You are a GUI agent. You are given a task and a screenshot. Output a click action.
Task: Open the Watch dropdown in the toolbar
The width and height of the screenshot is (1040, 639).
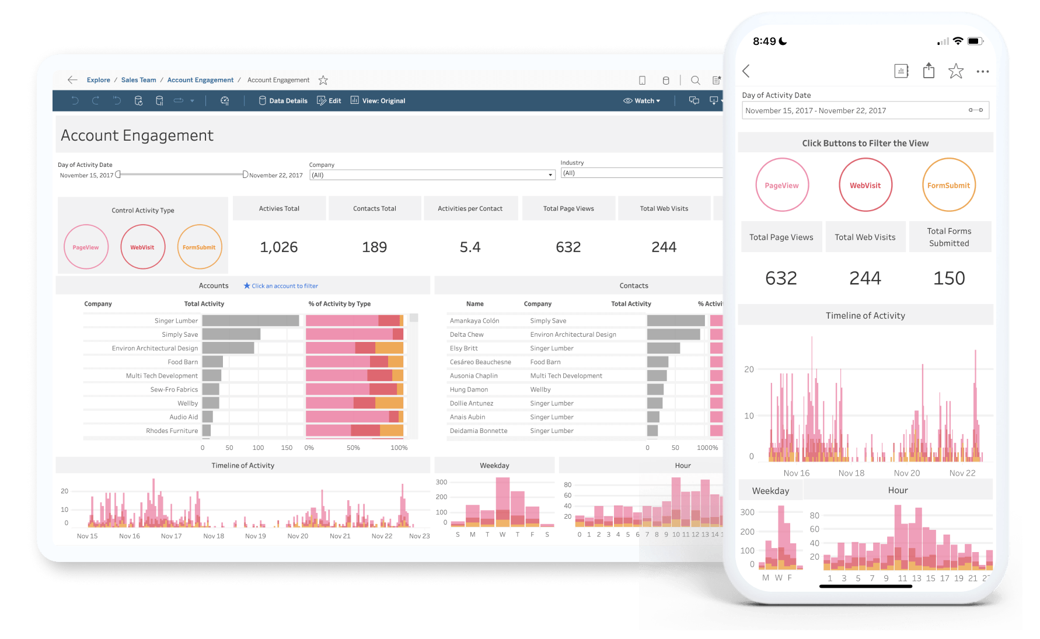point(642,101)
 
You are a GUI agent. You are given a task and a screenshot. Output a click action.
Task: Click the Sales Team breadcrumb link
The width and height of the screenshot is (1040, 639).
point(138,80)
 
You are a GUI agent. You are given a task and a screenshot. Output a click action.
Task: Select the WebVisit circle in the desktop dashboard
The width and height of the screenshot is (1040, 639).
point(142,247)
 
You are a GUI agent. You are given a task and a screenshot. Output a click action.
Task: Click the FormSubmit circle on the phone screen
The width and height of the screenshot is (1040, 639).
point(948,186)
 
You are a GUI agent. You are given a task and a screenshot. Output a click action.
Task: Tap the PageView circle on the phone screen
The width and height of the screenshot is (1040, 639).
point(781,186)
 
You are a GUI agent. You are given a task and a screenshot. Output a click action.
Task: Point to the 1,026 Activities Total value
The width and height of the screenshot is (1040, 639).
point(279,247)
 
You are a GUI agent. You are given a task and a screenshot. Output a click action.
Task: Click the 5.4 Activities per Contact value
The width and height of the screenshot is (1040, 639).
point(470,247)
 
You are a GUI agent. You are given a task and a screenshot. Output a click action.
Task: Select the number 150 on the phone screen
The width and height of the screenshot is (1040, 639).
point(949,278)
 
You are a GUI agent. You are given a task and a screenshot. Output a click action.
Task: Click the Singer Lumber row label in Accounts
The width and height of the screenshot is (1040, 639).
point(176,321)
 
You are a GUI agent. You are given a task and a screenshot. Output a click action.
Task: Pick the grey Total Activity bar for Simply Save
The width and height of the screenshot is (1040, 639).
point(231,334)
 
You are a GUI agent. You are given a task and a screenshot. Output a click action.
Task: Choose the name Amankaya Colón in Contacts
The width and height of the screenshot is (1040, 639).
point(474,321)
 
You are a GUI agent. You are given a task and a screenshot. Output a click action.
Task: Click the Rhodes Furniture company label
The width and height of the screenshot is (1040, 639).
point(172,431)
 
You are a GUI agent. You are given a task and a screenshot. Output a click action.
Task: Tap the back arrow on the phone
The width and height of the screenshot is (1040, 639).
point(746,71)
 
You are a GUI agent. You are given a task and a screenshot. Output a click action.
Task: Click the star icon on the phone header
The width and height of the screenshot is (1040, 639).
point(955,71)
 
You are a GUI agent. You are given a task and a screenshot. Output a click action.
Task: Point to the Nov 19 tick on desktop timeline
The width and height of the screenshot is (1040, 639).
point(255,536)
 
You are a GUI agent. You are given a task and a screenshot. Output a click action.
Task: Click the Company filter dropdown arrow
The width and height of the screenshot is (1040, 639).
point(550,175)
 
